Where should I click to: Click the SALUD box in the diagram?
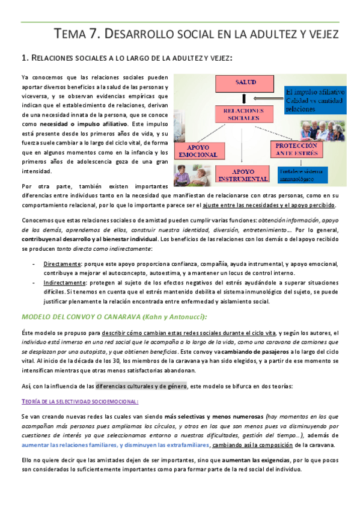pos(246,81)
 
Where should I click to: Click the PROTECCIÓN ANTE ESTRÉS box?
pos(296,149)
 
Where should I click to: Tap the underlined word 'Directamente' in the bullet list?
pos(63,263)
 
